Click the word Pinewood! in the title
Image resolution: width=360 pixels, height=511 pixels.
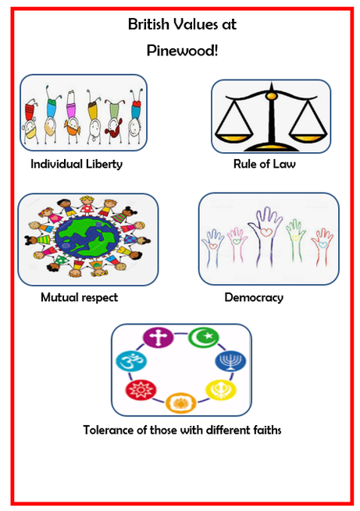tap(182, 51)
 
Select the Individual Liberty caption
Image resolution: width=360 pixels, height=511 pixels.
tap(77, 164)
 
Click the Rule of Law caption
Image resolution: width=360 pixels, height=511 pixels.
tap(265, 164)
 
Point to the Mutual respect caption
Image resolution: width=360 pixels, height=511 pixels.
tap(79, 297)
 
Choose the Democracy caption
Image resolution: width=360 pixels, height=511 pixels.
tap(254, 297)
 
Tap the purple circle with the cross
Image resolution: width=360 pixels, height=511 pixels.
tap(159, 338)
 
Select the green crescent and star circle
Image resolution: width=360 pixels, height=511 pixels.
tap(204, 337)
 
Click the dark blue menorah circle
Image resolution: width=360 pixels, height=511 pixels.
tap(230, 361)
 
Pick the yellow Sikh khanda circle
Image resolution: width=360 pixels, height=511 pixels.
tap(221, 389)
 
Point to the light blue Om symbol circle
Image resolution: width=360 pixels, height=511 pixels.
tap(131, 362)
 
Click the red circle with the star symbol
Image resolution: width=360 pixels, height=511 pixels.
tap(141, 390)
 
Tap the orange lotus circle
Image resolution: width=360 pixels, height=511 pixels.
tap(181, 403)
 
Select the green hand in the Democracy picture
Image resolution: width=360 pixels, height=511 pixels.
tap(295, 240)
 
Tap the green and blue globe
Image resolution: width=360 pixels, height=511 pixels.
tap(88, 239)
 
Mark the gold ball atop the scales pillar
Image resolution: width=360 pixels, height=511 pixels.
tap(271, 96)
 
